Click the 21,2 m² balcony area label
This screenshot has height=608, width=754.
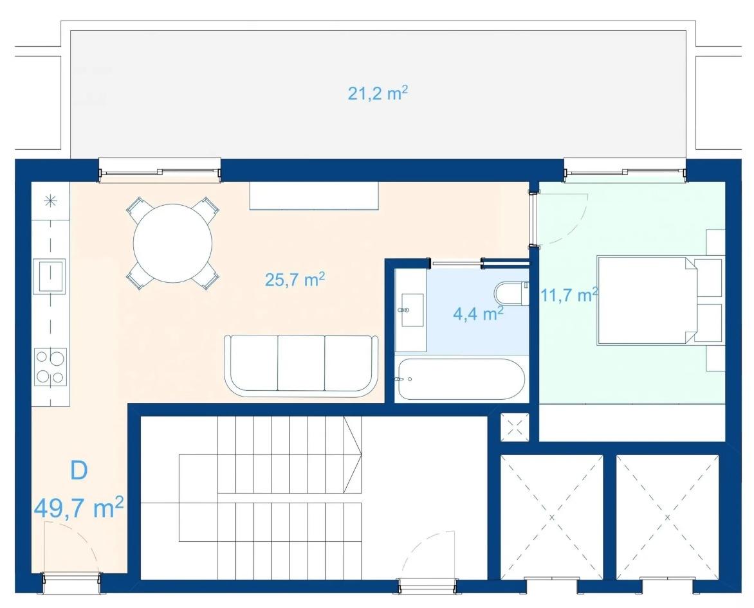(x=378, y=93)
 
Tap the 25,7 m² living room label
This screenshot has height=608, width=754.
(x=295, y=278)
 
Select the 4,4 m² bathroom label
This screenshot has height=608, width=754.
(x=478, y=314)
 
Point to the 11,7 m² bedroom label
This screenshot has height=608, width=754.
(x=569, y=294)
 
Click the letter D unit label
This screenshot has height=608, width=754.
(x=79, y=470)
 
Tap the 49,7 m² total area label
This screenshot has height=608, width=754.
(x=79, y=508)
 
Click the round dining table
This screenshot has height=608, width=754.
(x=172, y=244)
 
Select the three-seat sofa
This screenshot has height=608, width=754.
(x=302, y=366)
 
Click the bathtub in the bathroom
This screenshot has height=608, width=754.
(x=460, y=379)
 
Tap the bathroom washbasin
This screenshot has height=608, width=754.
(x=412, y=310)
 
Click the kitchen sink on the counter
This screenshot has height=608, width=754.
(x=49, y=276)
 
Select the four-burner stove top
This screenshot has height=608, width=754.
(x=50, y=366)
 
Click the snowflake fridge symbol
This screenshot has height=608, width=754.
(x=50, y=201)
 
